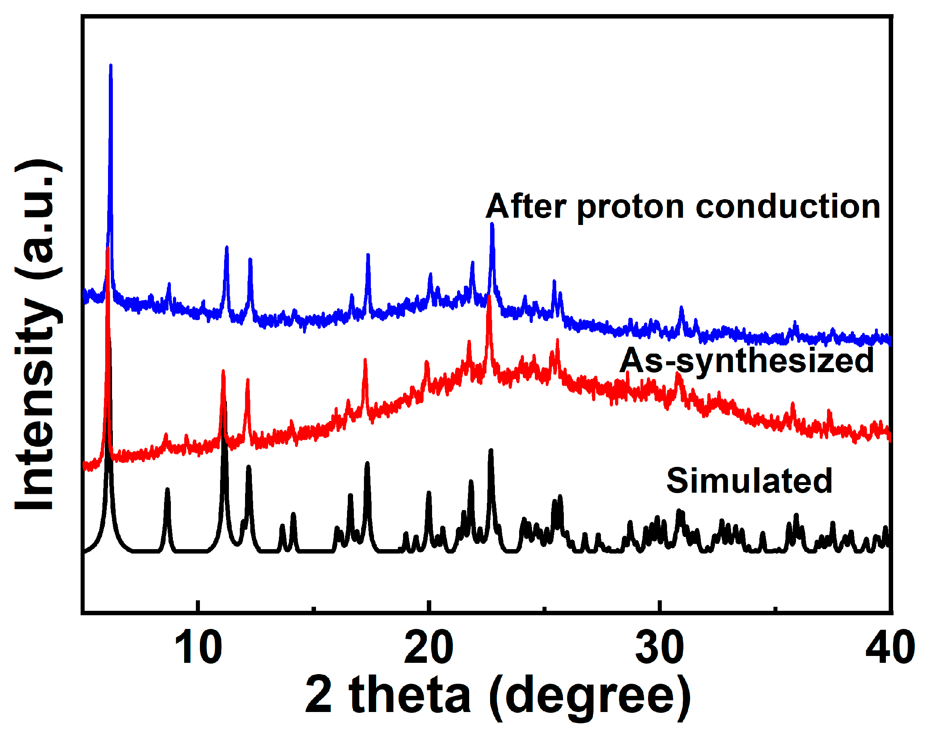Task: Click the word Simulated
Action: [749, 481]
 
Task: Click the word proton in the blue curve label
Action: [630, 207]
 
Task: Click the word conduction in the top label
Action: [788, 207]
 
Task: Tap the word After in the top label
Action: [526, 207]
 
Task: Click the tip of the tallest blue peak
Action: [111, 66]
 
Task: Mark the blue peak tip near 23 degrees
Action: [492, 224]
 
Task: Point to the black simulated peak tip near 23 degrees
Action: [491, 450]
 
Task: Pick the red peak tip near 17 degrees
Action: [365, 360]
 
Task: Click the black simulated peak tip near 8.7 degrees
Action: [168, 489]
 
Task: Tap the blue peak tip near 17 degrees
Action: [368, 255]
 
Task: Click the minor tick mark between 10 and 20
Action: [314, 608]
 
